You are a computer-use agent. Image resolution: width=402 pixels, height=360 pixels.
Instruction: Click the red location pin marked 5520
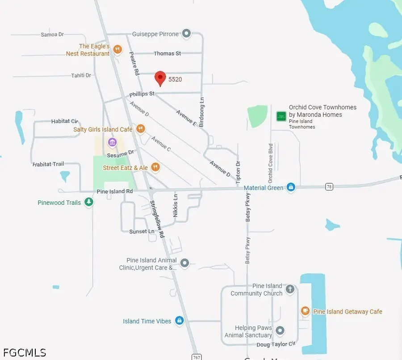coord(160,78)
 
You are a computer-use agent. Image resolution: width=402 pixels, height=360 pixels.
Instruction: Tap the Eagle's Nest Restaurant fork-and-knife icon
coord(117,50)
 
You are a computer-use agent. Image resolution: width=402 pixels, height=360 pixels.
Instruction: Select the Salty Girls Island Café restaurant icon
coord(141,129)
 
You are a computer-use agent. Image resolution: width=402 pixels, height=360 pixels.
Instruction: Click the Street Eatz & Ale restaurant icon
coord(155,167)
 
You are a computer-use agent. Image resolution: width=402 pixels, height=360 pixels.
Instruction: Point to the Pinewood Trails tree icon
coord(89,203)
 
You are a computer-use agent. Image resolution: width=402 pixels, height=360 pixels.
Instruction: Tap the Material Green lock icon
coord(291,187)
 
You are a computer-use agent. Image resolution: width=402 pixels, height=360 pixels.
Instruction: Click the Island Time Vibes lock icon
coord(180,321)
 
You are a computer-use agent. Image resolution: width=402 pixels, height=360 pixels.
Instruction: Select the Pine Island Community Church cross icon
coord(290,289)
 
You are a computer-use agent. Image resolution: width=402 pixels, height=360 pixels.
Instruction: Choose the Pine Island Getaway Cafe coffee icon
coord(305,311)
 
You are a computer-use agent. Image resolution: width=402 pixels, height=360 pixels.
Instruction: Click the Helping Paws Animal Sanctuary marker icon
coord(280,331)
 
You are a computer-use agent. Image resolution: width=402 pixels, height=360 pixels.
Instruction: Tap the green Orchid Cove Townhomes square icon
coord(281,116)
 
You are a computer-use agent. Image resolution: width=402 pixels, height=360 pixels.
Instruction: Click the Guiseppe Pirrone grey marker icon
coord(187,34)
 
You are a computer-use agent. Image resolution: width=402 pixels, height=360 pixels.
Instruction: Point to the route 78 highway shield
coord(329,187)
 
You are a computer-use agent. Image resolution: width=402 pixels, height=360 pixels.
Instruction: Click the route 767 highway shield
coord(197,356)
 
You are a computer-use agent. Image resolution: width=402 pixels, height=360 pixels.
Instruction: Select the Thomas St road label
coord(167,53)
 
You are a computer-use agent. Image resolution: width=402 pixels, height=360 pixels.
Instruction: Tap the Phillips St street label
coord(142,94)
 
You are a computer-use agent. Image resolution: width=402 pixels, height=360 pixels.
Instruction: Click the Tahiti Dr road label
coord(81,76)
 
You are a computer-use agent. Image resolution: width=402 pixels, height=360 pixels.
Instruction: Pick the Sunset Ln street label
coord(142,231)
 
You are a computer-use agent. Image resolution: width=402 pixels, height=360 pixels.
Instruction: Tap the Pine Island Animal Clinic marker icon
coord(185,263)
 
